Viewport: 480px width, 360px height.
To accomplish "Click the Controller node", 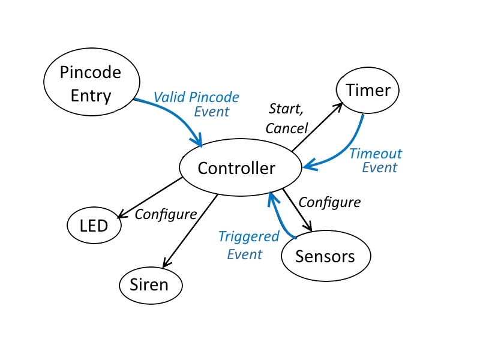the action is [x=241, y=167].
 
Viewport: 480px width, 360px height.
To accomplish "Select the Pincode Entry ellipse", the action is [x=92, y=82].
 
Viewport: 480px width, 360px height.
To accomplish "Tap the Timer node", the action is [x=368, y=91].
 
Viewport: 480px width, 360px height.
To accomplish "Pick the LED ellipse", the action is [x=94, y=226].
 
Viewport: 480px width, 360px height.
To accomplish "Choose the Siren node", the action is [x=151, y=285].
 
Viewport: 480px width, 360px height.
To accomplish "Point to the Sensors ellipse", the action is [x=326, y=256].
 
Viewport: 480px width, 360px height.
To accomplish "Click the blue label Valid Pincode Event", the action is [x=196, y=104].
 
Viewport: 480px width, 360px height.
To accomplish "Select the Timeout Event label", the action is [x=376, y=160].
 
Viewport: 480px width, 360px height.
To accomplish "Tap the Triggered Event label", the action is [x=249, y=245].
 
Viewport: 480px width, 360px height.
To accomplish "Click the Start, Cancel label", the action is [x=287, y=119].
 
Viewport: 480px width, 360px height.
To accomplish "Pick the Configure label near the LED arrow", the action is [x=166, y=215].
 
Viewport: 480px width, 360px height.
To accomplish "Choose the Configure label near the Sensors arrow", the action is [x=329, y=203].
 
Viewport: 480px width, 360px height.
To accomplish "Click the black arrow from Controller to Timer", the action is [x=317, y=127].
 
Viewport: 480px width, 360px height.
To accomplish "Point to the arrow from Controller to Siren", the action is [x=190, y=231].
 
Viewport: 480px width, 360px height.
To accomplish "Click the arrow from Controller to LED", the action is [x=150, y=198].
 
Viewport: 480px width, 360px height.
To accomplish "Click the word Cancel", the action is [x=287, y=128].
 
